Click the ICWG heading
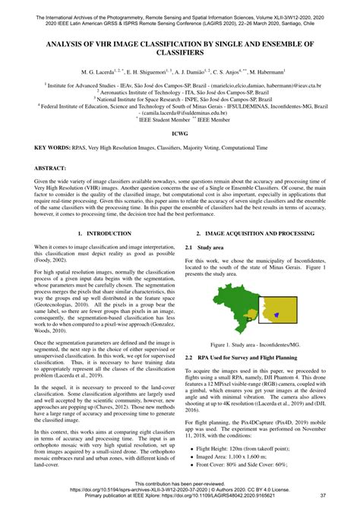[x=180, y=134]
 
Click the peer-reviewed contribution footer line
[x=180, y=484]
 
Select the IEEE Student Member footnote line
[x=180, y=119]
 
